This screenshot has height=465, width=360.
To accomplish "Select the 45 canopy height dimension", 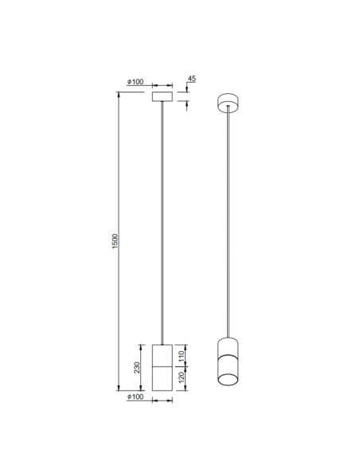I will (x=191, y=79).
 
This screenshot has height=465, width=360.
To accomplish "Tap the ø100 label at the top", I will (x=136, y=82).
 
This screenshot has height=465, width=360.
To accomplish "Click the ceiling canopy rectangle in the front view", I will (x=163, y=97).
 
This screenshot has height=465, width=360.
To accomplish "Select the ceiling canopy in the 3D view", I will (x=228, y=103).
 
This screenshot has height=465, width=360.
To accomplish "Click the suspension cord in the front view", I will (x=163, y=223).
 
